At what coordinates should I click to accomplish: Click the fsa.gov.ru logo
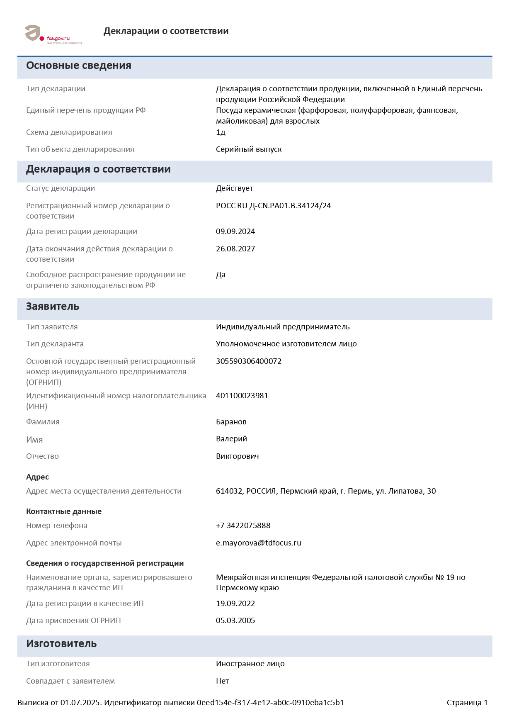click(53, 34)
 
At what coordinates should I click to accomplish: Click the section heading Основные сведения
click(79, 66)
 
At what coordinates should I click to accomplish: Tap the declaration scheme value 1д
click(221, 132)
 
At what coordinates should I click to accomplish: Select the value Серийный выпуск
click(249, 149)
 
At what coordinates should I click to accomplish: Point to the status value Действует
click(235, 188)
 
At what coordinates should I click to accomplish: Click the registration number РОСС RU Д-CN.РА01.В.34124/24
click(273, 206)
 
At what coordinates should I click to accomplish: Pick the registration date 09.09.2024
click(235, 231)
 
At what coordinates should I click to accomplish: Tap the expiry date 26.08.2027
click(235, 249)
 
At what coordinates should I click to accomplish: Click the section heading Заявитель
click(53, 307)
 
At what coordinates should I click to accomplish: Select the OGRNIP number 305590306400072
click(249, 361)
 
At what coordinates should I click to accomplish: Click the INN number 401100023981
click(242, 396)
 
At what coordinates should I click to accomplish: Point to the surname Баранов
click(231, 422)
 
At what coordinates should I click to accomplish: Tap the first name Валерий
click(231, 439)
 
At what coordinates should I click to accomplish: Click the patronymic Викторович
click(238, 456)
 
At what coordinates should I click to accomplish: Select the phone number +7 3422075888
click(243, 526)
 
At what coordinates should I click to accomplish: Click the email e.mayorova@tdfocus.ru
click(259, 543)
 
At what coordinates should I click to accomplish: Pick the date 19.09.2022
click(235, 604)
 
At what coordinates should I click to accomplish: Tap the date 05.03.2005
click(235, 621)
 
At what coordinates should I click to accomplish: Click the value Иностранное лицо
click(250, 664)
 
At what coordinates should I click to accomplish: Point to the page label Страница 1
click(467, 703)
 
